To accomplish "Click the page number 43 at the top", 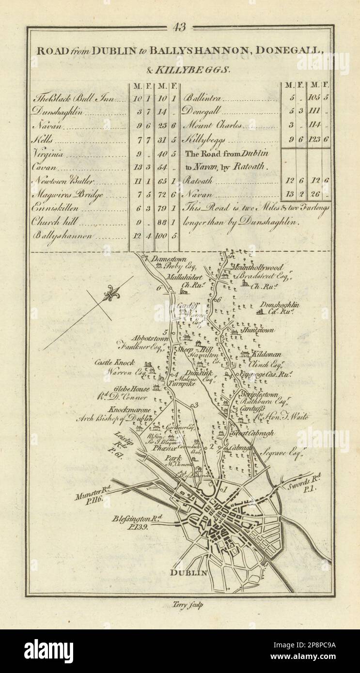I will [x=179, y=28].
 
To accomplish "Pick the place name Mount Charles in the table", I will [x=211, y=125].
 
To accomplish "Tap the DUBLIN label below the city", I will [x=188, y=573].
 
